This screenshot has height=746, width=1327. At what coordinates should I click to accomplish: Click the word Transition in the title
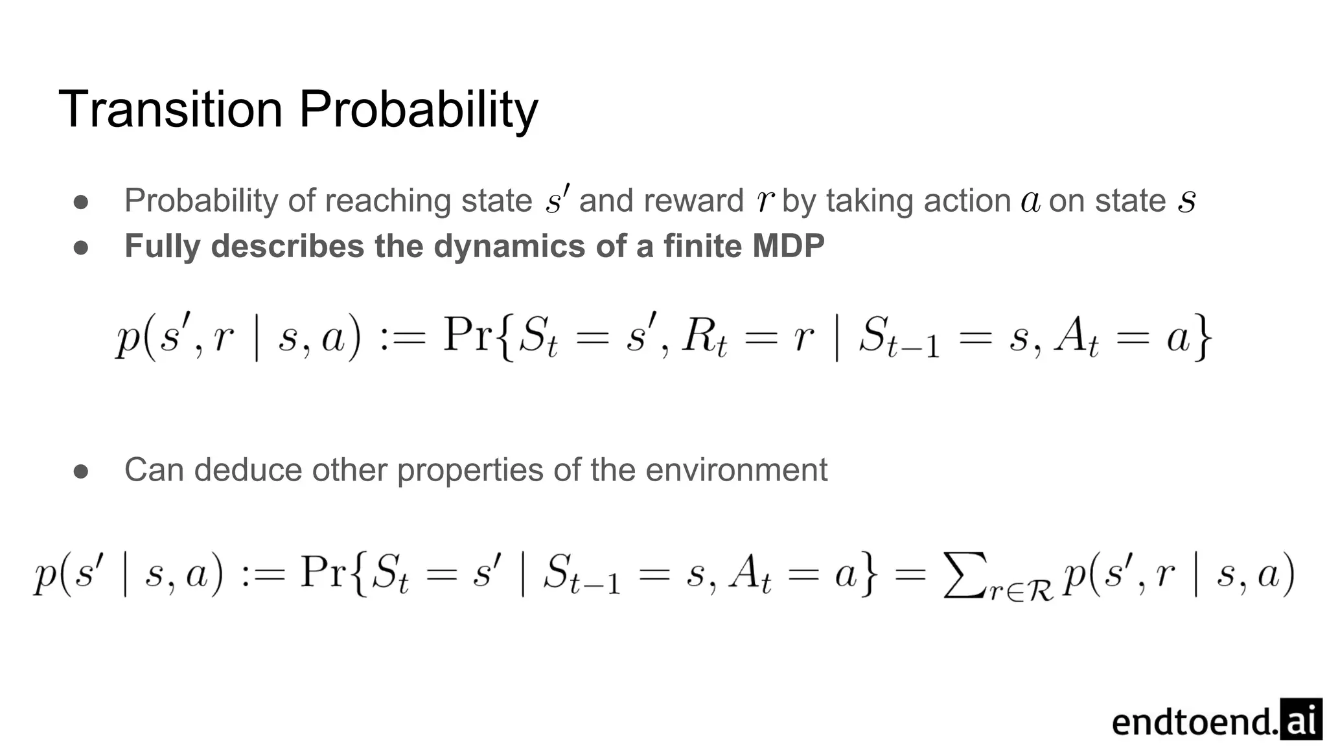pos(170,109)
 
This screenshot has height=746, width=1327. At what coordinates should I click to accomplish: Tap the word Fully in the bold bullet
pos(163,246)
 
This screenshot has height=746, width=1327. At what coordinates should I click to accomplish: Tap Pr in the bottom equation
pos(323,572)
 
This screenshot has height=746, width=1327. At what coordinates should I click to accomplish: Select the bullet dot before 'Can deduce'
pos(81,471)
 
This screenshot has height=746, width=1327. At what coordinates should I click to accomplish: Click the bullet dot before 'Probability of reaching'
pos(81,202)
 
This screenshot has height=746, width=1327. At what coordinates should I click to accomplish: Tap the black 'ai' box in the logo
pos(1300,719)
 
